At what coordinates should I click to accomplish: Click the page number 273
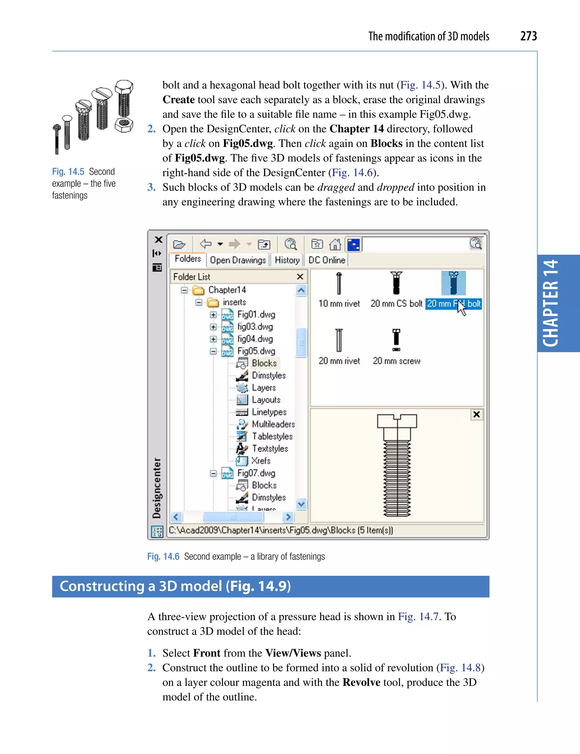coord(528,36)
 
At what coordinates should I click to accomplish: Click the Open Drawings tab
coord(238,260)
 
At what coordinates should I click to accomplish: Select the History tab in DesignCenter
coord(287,260)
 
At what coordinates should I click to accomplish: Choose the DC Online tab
coord(327,260)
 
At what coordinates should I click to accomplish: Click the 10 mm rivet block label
coord(339,304)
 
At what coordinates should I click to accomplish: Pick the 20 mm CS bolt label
coord(396,304)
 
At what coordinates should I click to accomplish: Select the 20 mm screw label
coord(396,361)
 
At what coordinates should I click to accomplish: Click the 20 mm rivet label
coord(339,361)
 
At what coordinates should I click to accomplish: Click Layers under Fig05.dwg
coord(263,388)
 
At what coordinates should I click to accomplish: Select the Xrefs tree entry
coord(261,461)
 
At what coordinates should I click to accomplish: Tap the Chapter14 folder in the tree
coord(227,290)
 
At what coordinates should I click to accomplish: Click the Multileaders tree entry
coord(273,424)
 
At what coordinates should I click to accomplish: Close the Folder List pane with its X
coord(300,277)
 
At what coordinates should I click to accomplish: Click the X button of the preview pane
coord(476,414)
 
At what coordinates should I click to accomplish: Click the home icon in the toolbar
coord(335,244)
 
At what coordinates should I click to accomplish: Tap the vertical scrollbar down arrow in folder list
coord(301,504)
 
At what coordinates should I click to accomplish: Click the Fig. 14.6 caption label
coord(163,556)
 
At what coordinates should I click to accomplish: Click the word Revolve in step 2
coord(361,682)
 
